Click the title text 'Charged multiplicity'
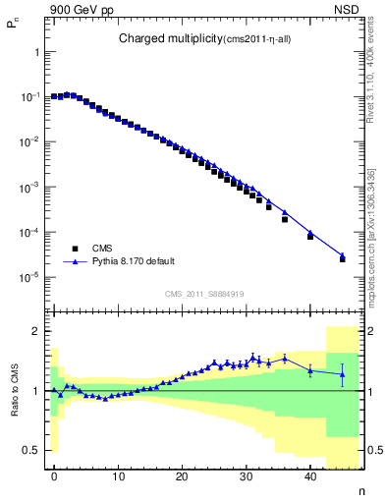click(162, 38)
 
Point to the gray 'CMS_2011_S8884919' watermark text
click(204, 293)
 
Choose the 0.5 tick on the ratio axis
click(31, 450)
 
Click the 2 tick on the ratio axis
click(36, 331)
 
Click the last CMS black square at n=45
click(343, 259)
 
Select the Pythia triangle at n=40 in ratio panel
click(310, 369)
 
